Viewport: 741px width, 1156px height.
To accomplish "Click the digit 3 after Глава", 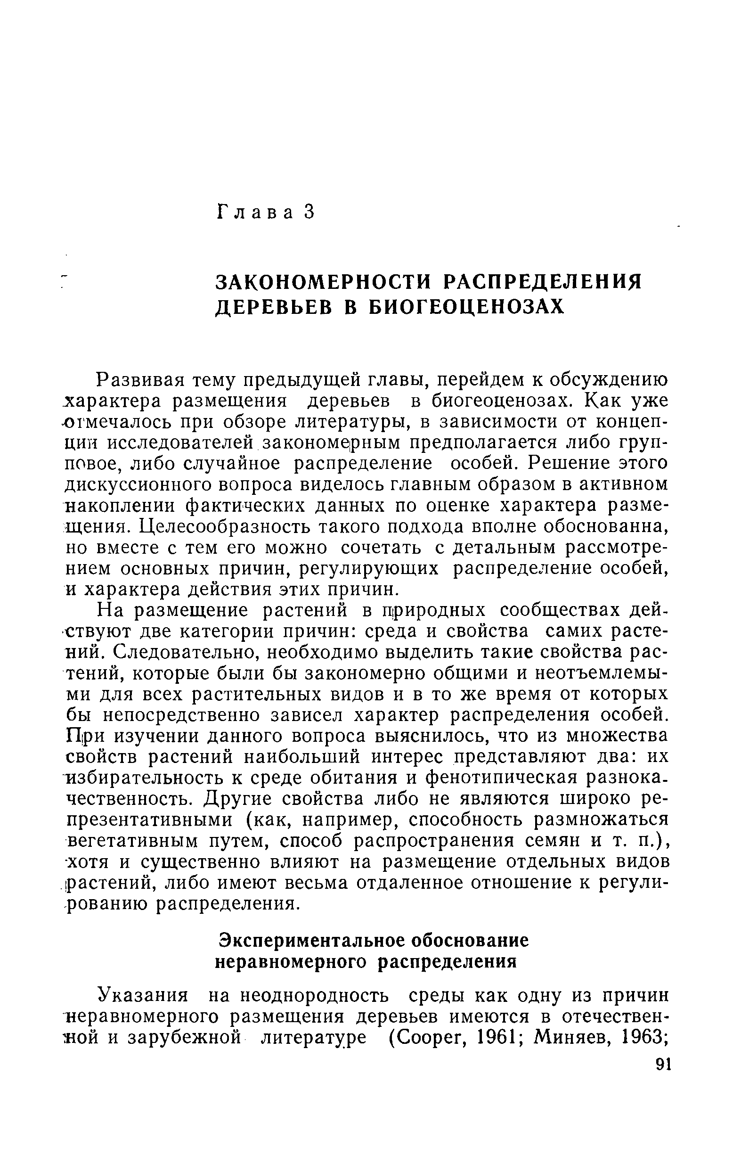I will click(309, 212).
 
